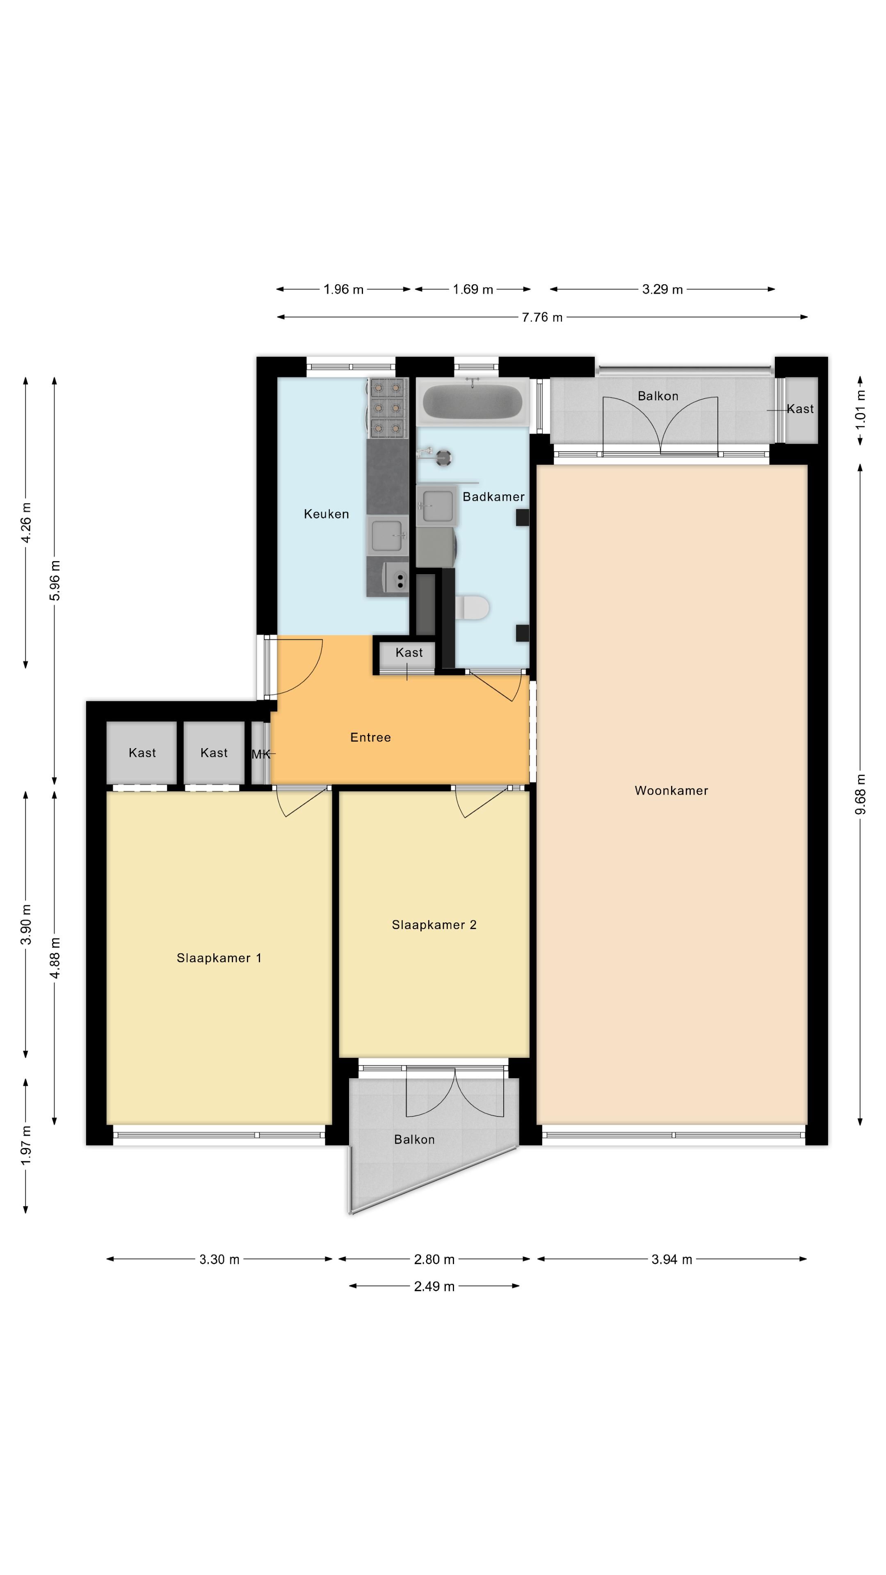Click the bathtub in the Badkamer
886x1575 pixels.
click(472, 401)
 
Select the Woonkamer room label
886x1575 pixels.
click(671, 790)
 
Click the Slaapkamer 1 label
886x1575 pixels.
click(219, 958)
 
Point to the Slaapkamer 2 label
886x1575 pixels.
click(434, 924)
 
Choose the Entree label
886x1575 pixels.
click(370, 737)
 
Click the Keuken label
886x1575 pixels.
click(327, 514)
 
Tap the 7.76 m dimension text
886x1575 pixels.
click(542, 317)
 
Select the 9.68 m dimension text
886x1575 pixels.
click(860, 794)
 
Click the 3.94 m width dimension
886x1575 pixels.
click(672, 1260)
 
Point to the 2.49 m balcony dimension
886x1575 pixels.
click(434, 1286)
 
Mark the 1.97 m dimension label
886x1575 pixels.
click(26, 1145)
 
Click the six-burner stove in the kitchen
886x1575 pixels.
click(388, 408)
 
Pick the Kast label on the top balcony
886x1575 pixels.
click(800, 409)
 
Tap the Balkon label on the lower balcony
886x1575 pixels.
click(415, 1140)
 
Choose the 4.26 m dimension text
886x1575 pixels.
click(26, 523)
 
